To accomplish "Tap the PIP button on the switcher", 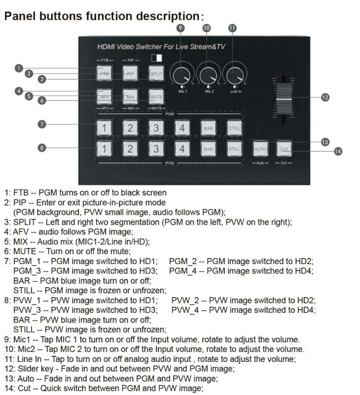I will point(130,74).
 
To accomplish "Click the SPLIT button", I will point(156,74).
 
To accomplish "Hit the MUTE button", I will point(156,97).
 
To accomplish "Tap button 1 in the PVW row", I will point(104,149).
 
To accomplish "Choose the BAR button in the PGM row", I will point(208,128).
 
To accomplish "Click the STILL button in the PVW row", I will point(234,149).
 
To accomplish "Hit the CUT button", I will point(284,149).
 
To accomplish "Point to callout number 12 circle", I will point(325,97).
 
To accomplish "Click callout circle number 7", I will point(42,124).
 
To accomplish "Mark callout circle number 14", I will point(337,151).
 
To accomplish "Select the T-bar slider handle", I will point(284,100).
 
